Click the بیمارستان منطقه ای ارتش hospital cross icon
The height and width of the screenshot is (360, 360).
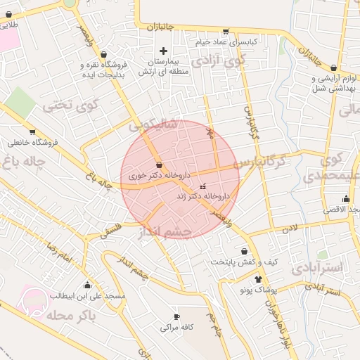point(164,51)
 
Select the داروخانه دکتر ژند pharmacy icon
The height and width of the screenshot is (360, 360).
point(203,186)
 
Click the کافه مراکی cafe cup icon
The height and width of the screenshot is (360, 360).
point(176,317)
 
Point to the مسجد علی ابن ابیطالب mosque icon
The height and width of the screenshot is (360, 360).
point(87,285)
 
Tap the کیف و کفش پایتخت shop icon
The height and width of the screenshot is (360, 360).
point(245,251)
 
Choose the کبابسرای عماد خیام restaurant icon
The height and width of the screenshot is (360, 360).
point(225,31)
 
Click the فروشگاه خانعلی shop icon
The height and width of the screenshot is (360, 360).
point(32,131)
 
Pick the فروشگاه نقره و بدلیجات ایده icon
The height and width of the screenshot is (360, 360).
point(104,54)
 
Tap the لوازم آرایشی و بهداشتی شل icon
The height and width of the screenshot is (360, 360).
point(334,67)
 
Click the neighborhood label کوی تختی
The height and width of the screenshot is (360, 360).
point(67,105)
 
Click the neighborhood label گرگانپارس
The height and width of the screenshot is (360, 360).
point(261,162)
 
